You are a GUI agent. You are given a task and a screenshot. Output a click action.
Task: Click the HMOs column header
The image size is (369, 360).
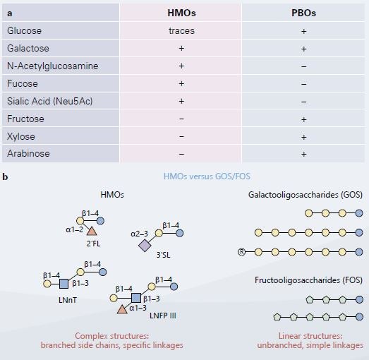[x=181, y=13]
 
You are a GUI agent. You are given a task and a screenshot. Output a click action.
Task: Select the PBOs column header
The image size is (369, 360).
[x=303, y=13]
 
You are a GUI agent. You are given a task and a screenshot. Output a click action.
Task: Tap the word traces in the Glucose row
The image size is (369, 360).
[x=181, y=31]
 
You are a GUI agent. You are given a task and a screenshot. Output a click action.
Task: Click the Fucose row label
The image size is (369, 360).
[x=23, y=83]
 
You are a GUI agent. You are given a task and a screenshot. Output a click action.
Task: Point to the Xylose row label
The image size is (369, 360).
[x=21, y=136]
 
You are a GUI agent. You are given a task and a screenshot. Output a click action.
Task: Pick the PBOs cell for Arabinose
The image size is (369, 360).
[x=303, y=154]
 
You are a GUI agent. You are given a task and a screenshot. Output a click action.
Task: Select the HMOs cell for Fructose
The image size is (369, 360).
[x=181, y=119]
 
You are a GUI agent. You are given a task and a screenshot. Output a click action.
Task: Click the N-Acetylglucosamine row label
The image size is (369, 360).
[x=52, y=66]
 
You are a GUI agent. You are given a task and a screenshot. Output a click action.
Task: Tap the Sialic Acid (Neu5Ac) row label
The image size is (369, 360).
[x=49, y=101]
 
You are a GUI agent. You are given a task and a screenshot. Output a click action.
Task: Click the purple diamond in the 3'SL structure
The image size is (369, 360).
[x=145, y=246]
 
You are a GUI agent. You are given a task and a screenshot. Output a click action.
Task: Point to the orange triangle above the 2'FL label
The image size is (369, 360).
[x=92, y=232]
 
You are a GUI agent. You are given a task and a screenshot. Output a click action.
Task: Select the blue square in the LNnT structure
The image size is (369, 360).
[x=63, y=284]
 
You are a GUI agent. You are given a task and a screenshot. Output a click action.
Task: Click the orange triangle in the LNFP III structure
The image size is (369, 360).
[x=122, y=309]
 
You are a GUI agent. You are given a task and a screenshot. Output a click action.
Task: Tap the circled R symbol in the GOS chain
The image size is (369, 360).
[x=241, y=252]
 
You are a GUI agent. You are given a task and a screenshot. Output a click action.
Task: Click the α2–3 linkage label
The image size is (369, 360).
[x=139, y=234]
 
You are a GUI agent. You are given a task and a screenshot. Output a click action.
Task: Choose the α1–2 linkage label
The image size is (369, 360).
[x=75, y=229]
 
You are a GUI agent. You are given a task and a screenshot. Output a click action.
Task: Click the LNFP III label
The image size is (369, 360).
[x=163, y=316]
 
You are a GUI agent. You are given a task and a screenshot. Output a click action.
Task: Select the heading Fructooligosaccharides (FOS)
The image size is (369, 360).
[x=308, y=280]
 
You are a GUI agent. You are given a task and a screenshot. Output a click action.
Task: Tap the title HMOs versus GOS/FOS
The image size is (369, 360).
[x=207, y=176]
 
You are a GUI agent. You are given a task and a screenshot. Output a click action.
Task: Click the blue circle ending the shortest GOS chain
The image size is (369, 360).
[x=359, y=213]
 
